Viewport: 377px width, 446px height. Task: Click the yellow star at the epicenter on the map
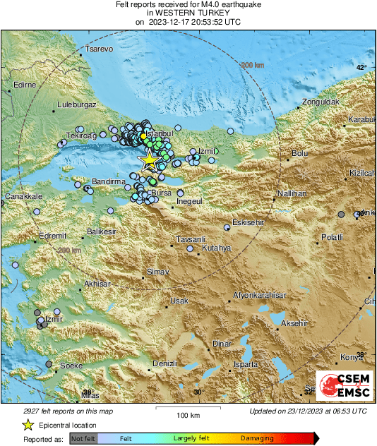(149, 161)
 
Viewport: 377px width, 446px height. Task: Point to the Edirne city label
(24, 85)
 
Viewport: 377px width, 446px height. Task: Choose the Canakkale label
(24, 196)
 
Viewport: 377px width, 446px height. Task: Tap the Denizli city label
(164, 363)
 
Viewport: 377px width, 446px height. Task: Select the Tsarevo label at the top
(99, 49)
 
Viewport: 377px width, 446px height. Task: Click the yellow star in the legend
(28, 425)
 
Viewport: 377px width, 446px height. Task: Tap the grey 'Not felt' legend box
(84, 439)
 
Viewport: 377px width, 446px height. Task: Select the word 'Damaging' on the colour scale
(257, 439)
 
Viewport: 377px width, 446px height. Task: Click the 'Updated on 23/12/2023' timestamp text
(308, 411)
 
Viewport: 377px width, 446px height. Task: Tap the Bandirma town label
(109, 181)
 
